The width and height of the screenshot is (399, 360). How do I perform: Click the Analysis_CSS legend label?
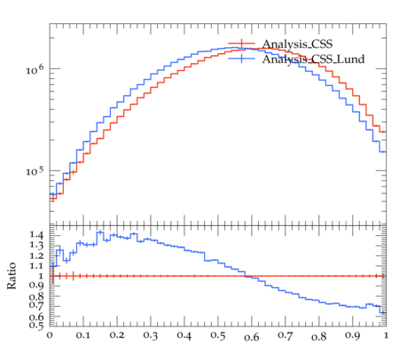pyautogui.click(x=297, y=44)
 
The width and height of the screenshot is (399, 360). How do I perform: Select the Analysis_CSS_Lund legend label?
pyautogui.click(x=313, y=59)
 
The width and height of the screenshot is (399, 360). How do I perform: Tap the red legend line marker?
pyautogui.click(x=241, y=43)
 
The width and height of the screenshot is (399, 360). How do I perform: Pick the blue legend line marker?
pyautogui.click(x=241, y=59)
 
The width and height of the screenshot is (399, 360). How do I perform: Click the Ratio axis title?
pyautogui.click(x=12, y=276)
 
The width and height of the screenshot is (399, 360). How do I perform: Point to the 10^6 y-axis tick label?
pyautogui.click(x=35, y=69)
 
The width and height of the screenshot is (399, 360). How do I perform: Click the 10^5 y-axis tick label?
pyautogui.click(x=35, y=171)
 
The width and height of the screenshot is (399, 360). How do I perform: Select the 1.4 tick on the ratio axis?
pyautogui.click(x=36, y=235)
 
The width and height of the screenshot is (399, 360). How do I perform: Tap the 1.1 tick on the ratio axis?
pyautogui.click(x=36, y=266)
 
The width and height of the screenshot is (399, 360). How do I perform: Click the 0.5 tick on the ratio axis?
pyautogui.click(x=36, y=325)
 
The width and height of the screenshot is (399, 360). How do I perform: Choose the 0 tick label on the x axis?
pyautogui.click(x=50, y=335)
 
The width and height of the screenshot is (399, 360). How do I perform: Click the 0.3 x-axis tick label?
pyautogui.click(x=151, y=335)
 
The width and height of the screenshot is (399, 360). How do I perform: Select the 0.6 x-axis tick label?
pyautogui.click(x=252, y=337)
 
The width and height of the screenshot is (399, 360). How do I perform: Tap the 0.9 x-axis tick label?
pyautogui.click(x=353, y=335)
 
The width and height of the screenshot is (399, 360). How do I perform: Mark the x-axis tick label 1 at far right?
pyautogui.click(x=386, y=335)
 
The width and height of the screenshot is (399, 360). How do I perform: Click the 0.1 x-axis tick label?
pyautogui.click(x=83, y=335)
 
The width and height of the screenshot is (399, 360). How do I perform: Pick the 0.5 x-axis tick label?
pyautogui.click(x=218, y=335)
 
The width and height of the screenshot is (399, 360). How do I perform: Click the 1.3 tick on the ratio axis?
pyautogui.click(x=36, y=246)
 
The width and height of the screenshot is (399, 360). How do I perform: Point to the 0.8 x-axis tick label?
pyautogui.click(x=319, y=337)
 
